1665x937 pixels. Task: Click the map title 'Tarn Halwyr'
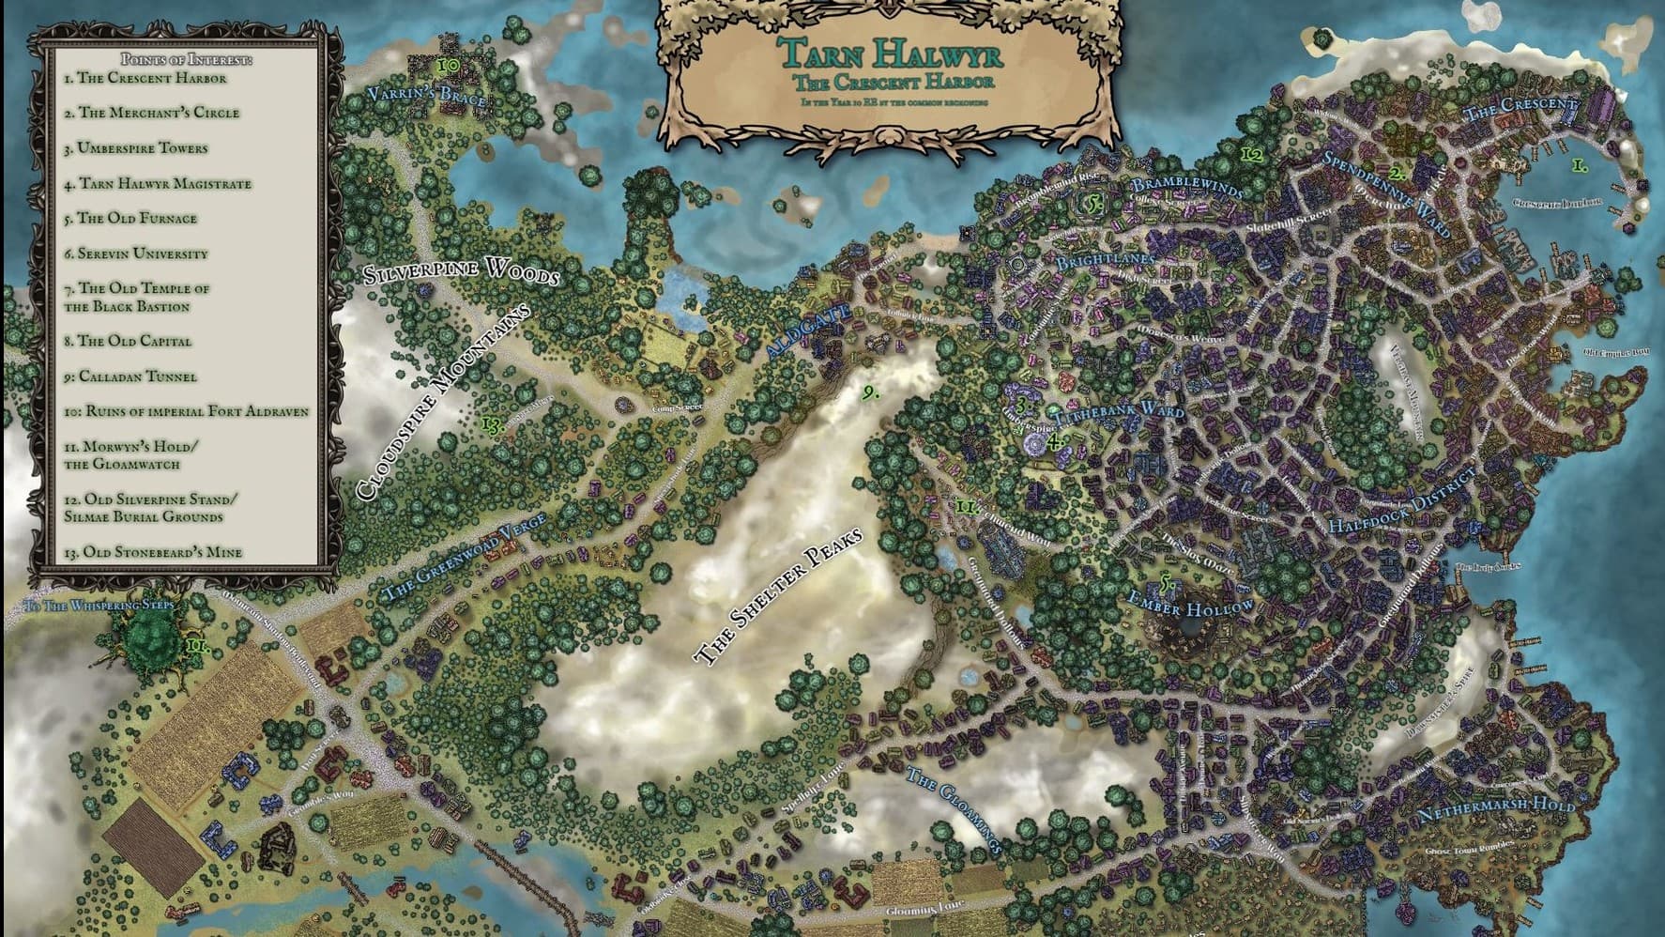890,51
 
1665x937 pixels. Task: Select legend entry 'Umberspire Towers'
136,148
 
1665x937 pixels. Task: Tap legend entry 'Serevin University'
136,253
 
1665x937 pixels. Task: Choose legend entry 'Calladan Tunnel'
130,376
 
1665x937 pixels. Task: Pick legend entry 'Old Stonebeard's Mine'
153,552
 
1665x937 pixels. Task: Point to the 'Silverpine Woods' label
461,272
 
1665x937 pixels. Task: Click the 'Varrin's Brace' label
426,96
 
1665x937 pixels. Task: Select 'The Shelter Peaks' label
778,600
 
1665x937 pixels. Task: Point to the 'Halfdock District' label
1402,511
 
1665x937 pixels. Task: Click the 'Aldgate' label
808,330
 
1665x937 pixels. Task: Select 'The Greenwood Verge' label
465,561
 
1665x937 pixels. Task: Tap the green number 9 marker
870,392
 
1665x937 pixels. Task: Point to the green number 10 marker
449,66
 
